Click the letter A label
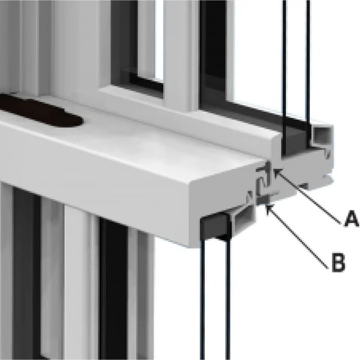(x=351, y=219)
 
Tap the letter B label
(x=339, y=263)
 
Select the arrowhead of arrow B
(x=269, y=208)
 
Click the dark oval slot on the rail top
(x=39, y=111)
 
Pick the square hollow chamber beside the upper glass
(x=322, y=135)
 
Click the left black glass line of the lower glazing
(x=202, y=299)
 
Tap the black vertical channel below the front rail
(x=114, y=289)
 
